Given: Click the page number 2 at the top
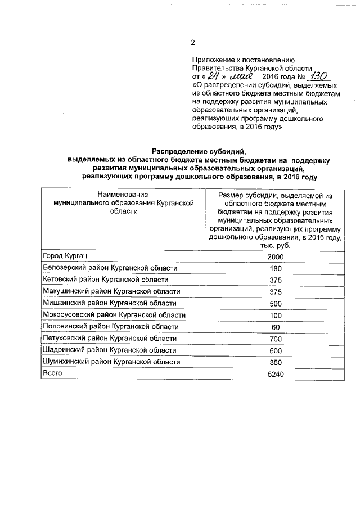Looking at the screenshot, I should click(x=192, y=43).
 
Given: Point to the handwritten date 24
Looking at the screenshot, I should click(x=211, y=75).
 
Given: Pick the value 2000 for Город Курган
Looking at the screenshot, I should click(x=275, y=257).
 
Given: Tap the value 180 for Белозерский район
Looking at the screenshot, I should click(x=275, y=268).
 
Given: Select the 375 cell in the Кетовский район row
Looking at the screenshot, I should click(x=275, y=280).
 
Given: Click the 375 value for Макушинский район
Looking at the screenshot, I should click(x=275, y=292).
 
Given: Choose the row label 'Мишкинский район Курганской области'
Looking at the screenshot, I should click(x=110, y=303).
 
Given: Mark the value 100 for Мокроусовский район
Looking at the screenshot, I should click(x=275, y=315).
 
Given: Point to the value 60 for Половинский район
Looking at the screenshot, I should click(x=275, y=327).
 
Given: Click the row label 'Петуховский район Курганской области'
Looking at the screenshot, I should click(x=110, y=339).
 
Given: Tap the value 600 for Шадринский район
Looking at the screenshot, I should click(x=275, y=350).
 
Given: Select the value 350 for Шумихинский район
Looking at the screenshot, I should click(x=275, y=362).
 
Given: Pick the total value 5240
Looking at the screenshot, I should click(x=275, y=373).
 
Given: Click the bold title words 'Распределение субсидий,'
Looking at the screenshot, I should click(x=199, y=150).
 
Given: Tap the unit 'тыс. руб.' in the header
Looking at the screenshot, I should click(x=275, y=246).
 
